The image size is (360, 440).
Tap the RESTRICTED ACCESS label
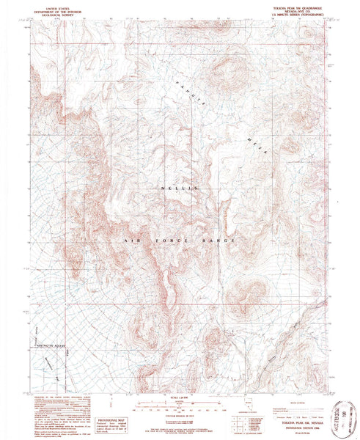click(52, 345)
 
